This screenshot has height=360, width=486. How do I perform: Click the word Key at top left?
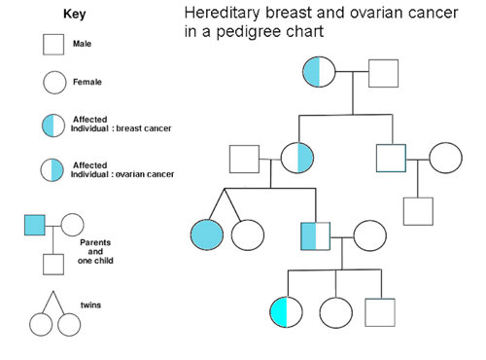pyautogui.click(x=75, y=16)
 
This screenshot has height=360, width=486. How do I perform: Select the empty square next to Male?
pyautogui.click(x=52, y=45)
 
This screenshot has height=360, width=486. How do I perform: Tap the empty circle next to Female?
pyautogui.click(x=52, y=83)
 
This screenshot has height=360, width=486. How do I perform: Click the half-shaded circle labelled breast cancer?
pyautogui.click(x=52, y=125)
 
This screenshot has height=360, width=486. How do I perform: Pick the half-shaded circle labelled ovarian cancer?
pyautogui.click(x=52, y=170)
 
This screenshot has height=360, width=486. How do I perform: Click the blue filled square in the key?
pyautogui.click(x=35, y=225)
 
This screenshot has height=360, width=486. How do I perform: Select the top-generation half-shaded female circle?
pyautogui.click(x=320, y=72)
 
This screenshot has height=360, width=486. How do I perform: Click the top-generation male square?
pyautogui.click(x=384, y=73)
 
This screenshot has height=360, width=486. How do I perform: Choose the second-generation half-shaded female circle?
pyautogui.click(x=297, y=157)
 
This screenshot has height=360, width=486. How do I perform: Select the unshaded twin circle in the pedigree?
pyautogui.click(x=248, y=234)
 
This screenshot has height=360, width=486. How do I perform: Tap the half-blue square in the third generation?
pyautogui.click(x=316, y=235)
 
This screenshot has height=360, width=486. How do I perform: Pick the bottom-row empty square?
pyautogui.click(x=380, y=312)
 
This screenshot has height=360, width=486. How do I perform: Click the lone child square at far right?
pyautogui.click(x=418, y=211)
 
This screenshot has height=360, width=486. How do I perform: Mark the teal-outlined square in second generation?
pyautogui.click(x=391, y=157)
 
